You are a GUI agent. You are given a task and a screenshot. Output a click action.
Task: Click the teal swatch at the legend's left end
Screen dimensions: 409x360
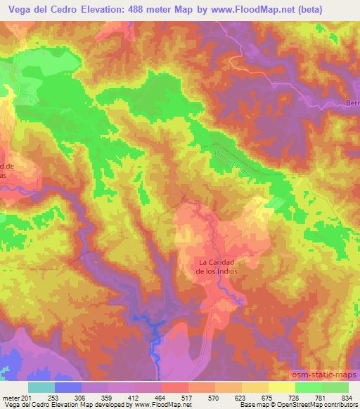click(41, 387)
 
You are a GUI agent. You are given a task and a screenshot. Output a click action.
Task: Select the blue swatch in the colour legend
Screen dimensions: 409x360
click(68, 387)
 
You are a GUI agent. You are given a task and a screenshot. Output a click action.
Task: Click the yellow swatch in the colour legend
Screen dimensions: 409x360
click(281, 387)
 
